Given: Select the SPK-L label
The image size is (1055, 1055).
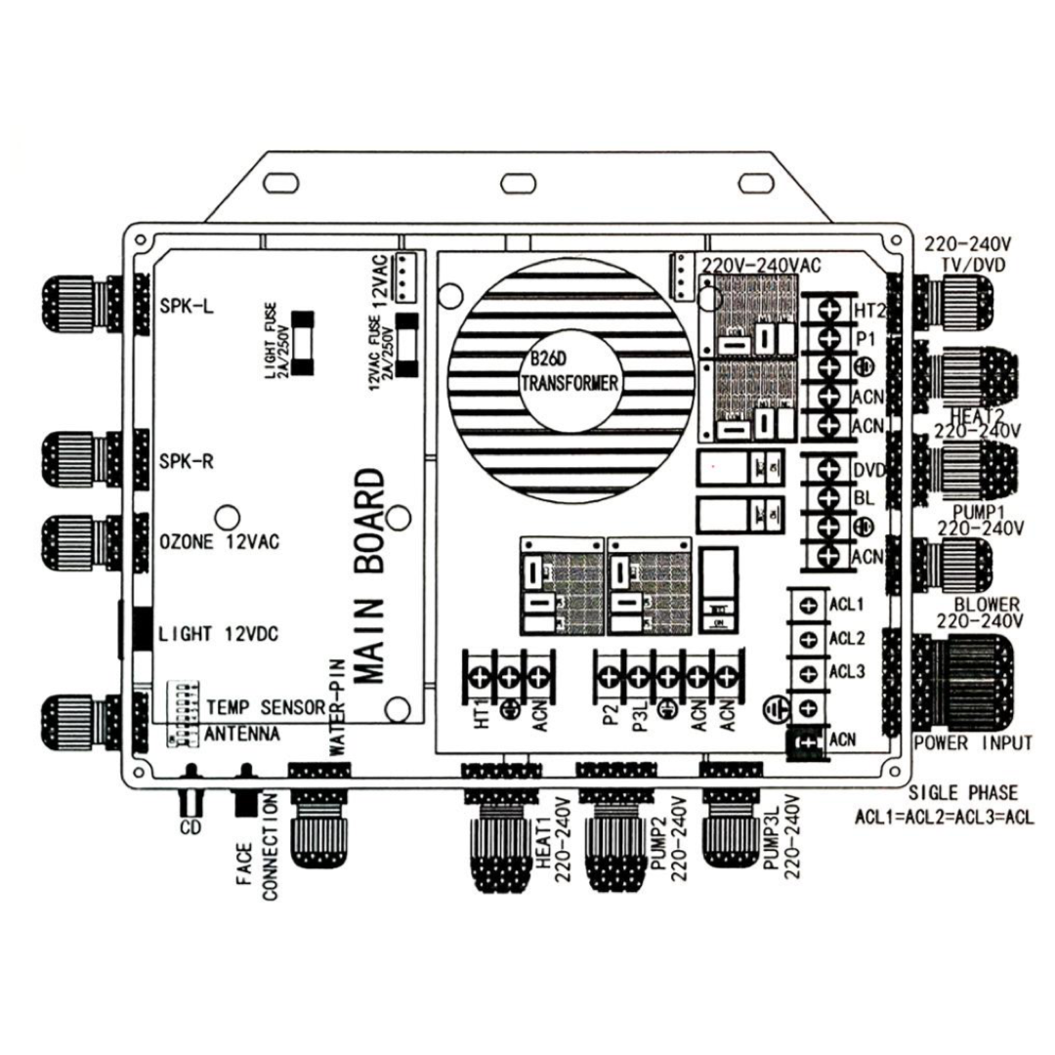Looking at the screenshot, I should pos(187,305).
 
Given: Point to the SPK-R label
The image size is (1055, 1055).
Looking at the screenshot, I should pos(187,461).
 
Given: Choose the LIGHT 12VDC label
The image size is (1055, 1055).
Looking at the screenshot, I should pos(219,635).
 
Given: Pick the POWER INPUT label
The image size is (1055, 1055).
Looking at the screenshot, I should pos(972,743).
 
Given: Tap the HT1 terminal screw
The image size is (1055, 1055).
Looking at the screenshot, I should pos(482,676).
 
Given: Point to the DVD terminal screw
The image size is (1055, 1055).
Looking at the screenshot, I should pos(831,470).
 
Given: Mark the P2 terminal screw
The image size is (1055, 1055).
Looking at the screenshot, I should pos(608,676).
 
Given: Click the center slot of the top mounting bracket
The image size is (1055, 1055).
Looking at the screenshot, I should pos(514,183).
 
